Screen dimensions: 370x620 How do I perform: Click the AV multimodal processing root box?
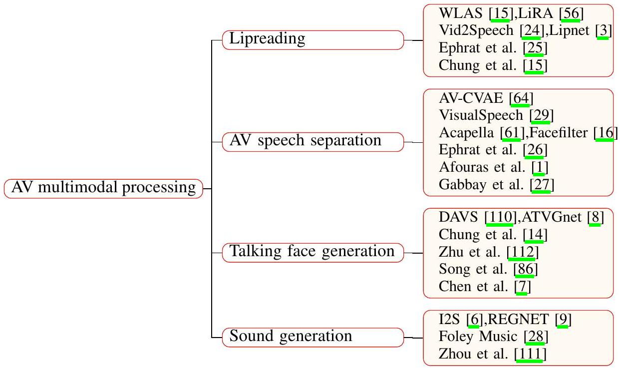coord(103,188)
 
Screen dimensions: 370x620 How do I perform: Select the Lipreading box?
coord(312,39)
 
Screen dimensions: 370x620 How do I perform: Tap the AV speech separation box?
coord(312,141)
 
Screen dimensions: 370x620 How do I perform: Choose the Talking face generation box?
coord(312,252)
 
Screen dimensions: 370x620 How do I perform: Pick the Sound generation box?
coord(312,337)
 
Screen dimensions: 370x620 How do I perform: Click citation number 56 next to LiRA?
coord(570,13)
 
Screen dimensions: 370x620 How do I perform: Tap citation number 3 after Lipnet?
coord(604,31)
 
